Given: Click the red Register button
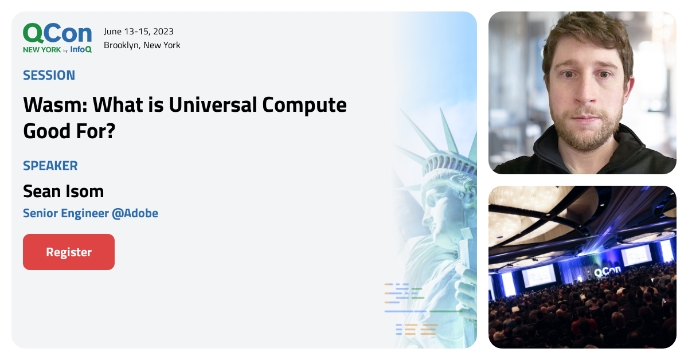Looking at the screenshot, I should point(69,252).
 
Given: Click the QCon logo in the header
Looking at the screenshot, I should point(57,34).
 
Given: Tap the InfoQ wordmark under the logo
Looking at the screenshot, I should point(81,49).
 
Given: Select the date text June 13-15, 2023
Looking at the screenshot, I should point(139,32).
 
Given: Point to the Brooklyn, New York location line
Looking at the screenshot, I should point(142,45).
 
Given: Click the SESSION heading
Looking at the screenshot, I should point(49,75).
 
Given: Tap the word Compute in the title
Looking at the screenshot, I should point(304,105).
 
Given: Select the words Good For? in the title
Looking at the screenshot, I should point(69,131).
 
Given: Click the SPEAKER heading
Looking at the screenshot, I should point(50,166).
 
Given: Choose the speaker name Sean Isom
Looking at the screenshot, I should point(64,190).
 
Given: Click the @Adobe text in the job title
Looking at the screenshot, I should point(135,213).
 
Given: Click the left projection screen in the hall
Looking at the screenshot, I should point(538,275).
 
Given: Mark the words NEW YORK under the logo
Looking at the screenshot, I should point(42,50).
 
